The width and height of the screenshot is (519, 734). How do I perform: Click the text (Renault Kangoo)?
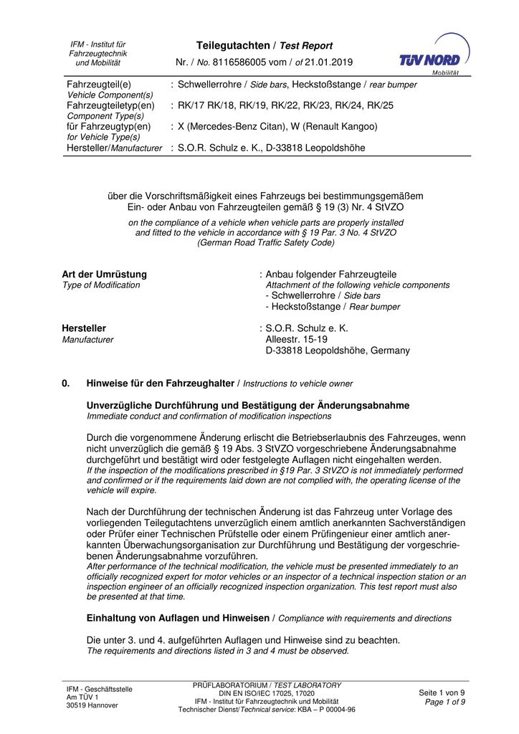[x=338, y=126]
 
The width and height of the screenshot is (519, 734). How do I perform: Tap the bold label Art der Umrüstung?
[x=105, y=275]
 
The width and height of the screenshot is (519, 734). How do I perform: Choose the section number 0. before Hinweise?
[x=66, y=383]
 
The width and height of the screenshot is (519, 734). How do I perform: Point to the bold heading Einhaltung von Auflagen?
[x=178, y=617]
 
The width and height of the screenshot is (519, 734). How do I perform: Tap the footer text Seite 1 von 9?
[x=441, y=692]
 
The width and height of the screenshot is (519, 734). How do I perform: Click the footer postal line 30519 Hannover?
[x=92, y=705]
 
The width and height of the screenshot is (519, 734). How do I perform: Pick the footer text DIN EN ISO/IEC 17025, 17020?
[x=267, y=693]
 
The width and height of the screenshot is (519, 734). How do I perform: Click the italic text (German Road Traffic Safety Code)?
[x=266, y=243]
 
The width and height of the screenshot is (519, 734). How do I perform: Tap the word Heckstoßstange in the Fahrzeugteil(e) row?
[x=328, y=85]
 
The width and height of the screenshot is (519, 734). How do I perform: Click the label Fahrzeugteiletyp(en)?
[x=110, y=105]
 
